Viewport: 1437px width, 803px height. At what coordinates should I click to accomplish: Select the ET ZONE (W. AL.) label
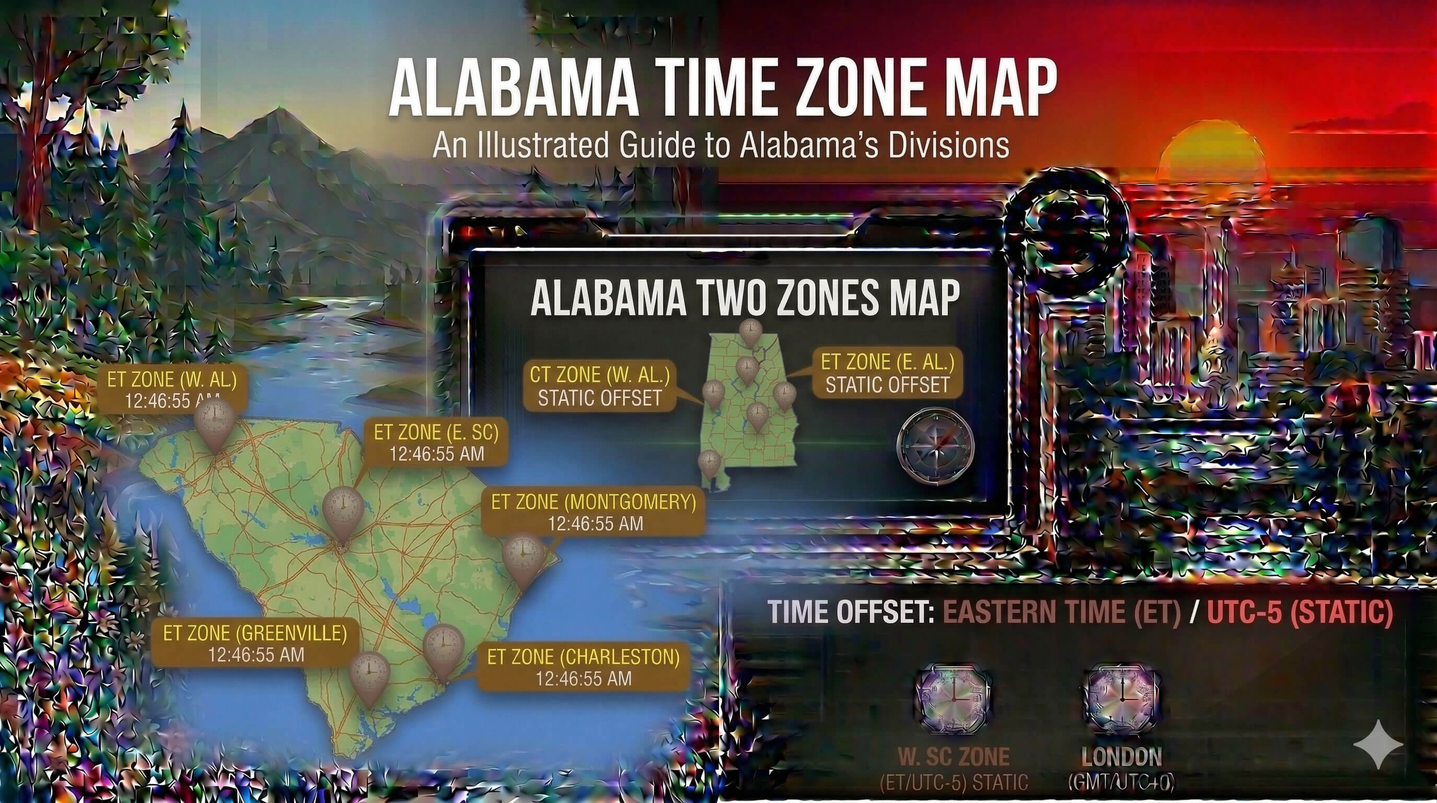point(172,390)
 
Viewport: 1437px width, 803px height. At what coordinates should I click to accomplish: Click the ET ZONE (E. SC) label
point(436,442)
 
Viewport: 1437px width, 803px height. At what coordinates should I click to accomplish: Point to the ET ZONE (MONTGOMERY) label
point(594,512)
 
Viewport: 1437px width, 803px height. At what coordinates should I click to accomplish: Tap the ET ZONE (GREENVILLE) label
point(256,643)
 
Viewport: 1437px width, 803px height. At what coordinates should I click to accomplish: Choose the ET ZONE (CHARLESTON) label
point(584,668)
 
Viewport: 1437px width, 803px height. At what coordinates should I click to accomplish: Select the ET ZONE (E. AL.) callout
point(887,373)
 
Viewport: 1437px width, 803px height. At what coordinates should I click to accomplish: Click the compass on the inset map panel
point(935,445)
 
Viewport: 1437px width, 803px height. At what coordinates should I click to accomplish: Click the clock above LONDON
point(1121,697)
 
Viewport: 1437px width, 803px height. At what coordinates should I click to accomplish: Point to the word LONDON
point(1121,757)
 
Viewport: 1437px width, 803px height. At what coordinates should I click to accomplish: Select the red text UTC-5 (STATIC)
point(1300,612)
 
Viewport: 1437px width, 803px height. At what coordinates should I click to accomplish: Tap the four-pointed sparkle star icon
point(1378,744)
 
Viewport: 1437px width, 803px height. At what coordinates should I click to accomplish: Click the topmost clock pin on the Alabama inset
point(750,332)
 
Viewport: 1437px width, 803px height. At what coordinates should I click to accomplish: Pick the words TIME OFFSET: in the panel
point(851,612)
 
